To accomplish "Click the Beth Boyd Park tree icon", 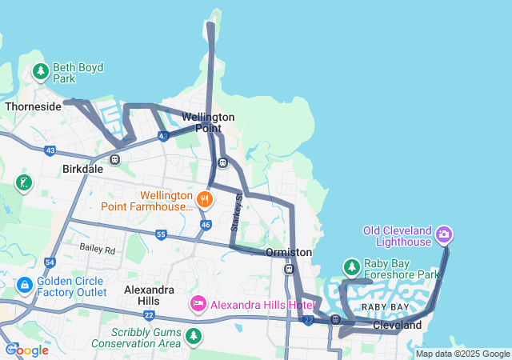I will point(41,73).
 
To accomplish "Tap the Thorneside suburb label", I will point(33,106).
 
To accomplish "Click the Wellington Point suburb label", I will point(208,122).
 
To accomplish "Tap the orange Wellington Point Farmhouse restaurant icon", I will point(206,199).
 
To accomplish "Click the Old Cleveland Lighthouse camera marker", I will point(444,235).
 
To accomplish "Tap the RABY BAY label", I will point(385,307).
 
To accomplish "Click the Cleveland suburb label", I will point(397,326).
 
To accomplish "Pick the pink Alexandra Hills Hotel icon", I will point(198,304).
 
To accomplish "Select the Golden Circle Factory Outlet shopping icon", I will point(25,285).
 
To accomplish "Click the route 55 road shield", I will point(161,234).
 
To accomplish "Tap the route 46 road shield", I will point(206,225).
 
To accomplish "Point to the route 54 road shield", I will point(50,262).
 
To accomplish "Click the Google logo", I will point(27,350).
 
